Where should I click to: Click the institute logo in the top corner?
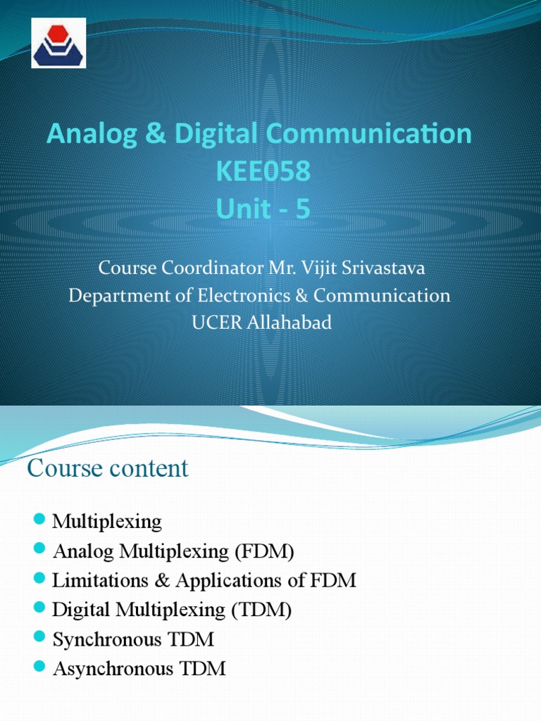58,43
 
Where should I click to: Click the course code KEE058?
265,172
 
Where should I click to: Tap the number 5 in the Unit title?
302,209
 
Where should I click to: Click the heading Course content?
108,468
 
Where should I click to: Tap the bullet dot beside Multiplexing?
39,520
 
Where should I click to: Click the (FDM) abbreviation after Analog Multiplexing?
264,551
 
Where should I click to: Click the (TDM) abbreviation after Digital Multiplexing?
261,610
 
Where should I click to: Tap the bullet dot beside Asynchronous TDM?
39,667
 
